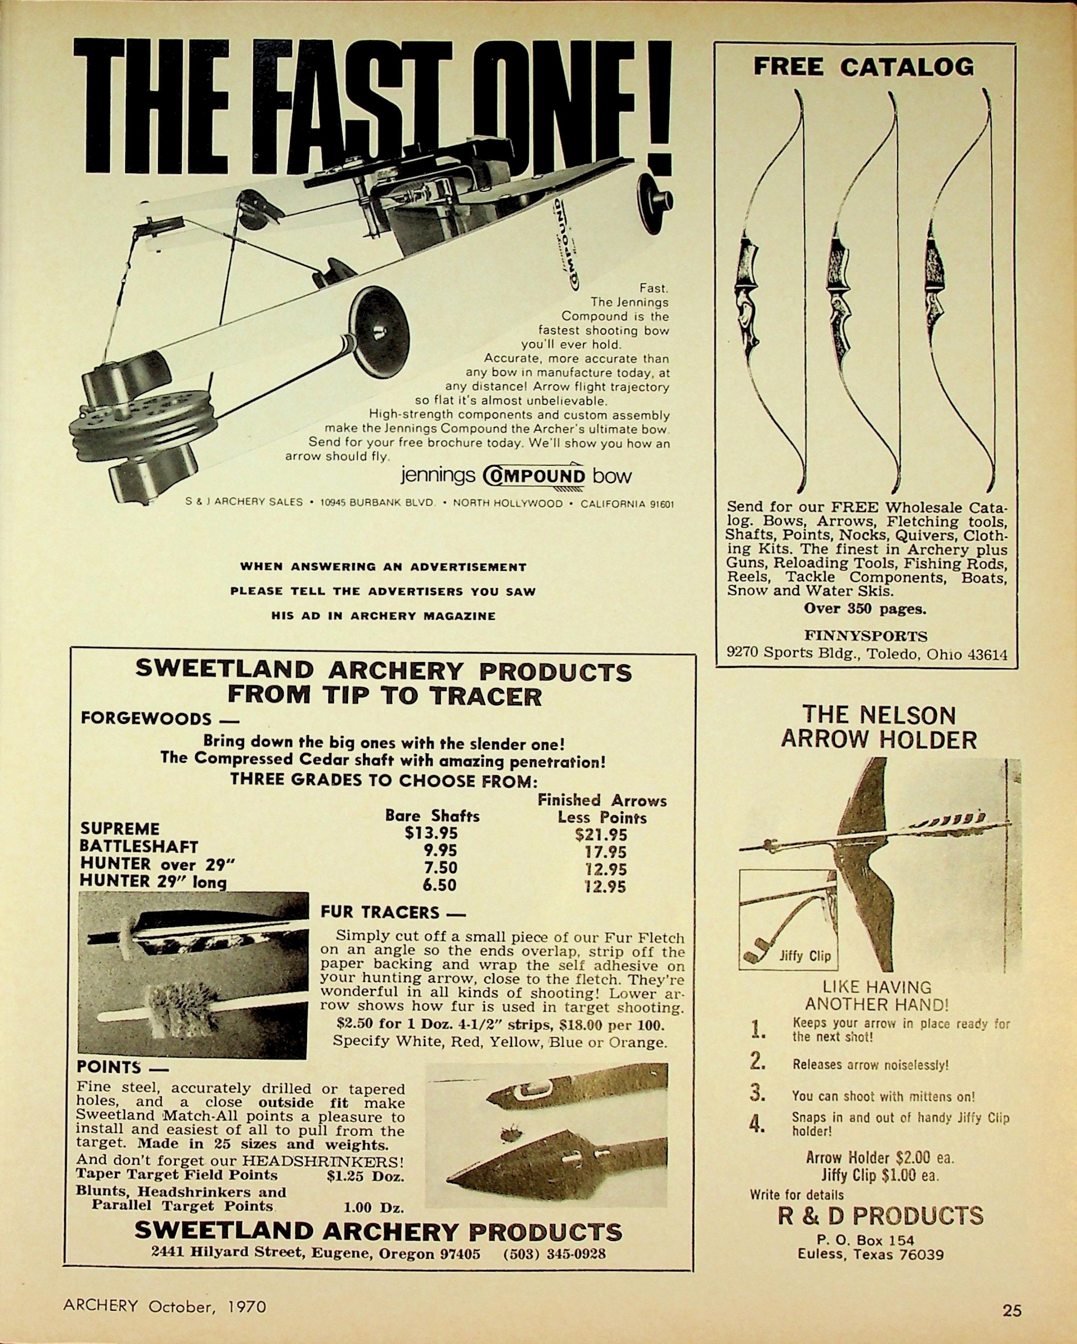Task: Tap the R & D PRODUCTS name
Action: click(x=880, y=1215)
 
